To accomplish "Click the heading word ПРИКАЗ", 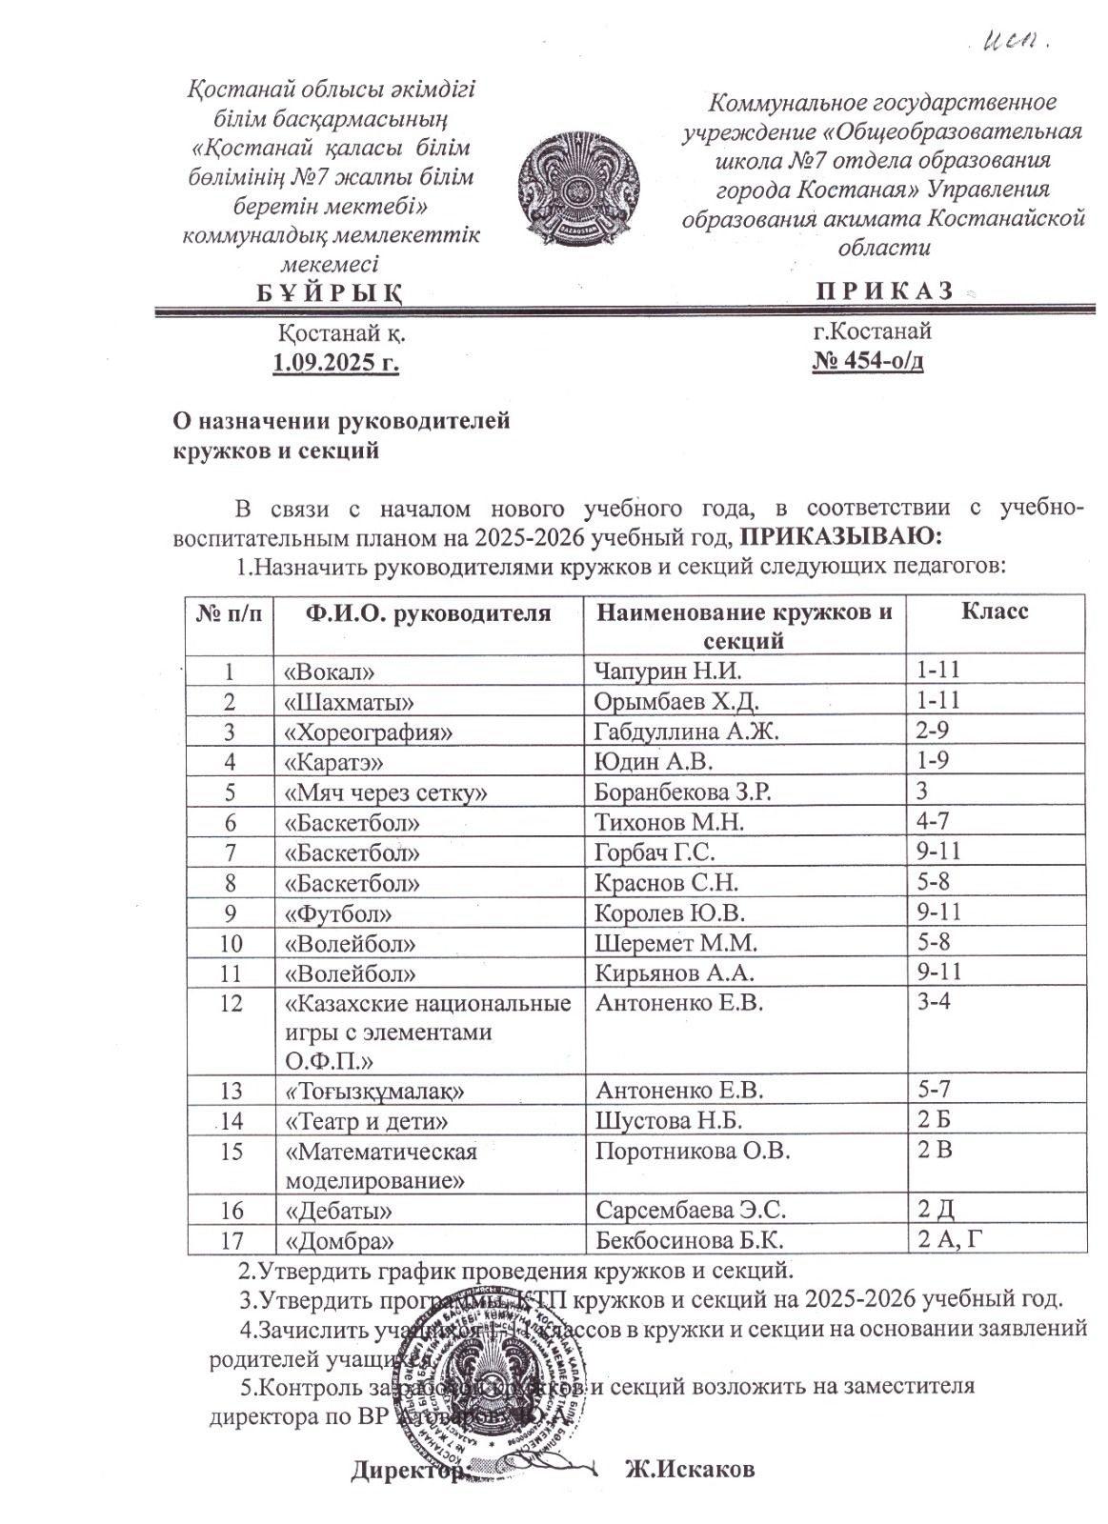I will [x=885, y=291].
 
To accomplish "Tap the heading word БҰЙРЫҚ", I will [x=330, y=292].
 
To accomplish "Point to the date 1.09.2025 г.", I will [x=335, y=363].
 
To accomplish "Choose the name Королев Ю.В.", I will [x=669, y=912].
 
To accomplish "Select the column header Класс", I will [x=995, y=611].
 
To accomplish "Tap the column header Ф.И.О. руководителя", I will [x=428, y=612].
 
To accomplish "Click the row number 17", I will [x=232, y=1240].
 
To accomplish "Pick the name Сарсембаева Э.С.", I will [x=691, y=1210].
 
